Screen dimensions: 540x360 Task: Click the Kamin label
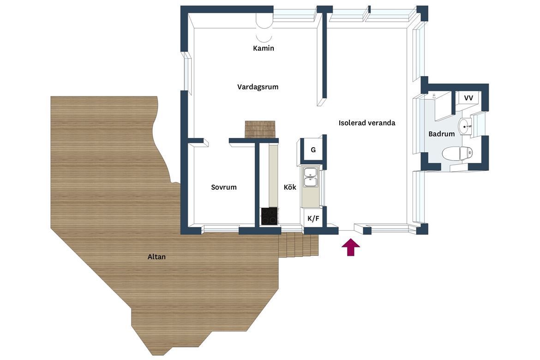(x=264, y=48)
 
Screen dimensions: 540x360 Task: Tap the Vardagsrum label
(x=258, y=87)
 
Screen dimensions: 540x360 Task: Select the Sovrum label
(x=224, y=187)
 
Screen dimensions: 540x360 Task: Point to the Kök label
(x=290, y=187)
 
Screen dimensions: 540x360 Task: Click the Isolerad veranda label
(x=367, y=123)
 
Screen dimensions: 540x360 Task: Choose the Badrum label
(x=442, y=134)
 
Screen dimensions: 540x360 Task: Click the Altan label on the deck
(x=157, y=257)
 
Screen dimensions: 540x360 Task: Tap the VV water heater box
(x=468, y=98)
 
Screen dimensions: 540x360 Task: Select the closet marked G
(x=313, y=150)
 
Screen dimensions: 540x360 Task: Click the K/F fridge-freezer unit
(x=313, y=218)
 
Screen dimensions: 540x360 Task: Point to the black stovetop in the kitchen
(x=270, y=216)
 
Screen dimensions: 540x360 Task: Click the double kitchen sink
(x=310, y=177)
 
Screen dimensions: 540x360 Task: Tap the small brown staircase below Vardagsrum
(x=260, y=129)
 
